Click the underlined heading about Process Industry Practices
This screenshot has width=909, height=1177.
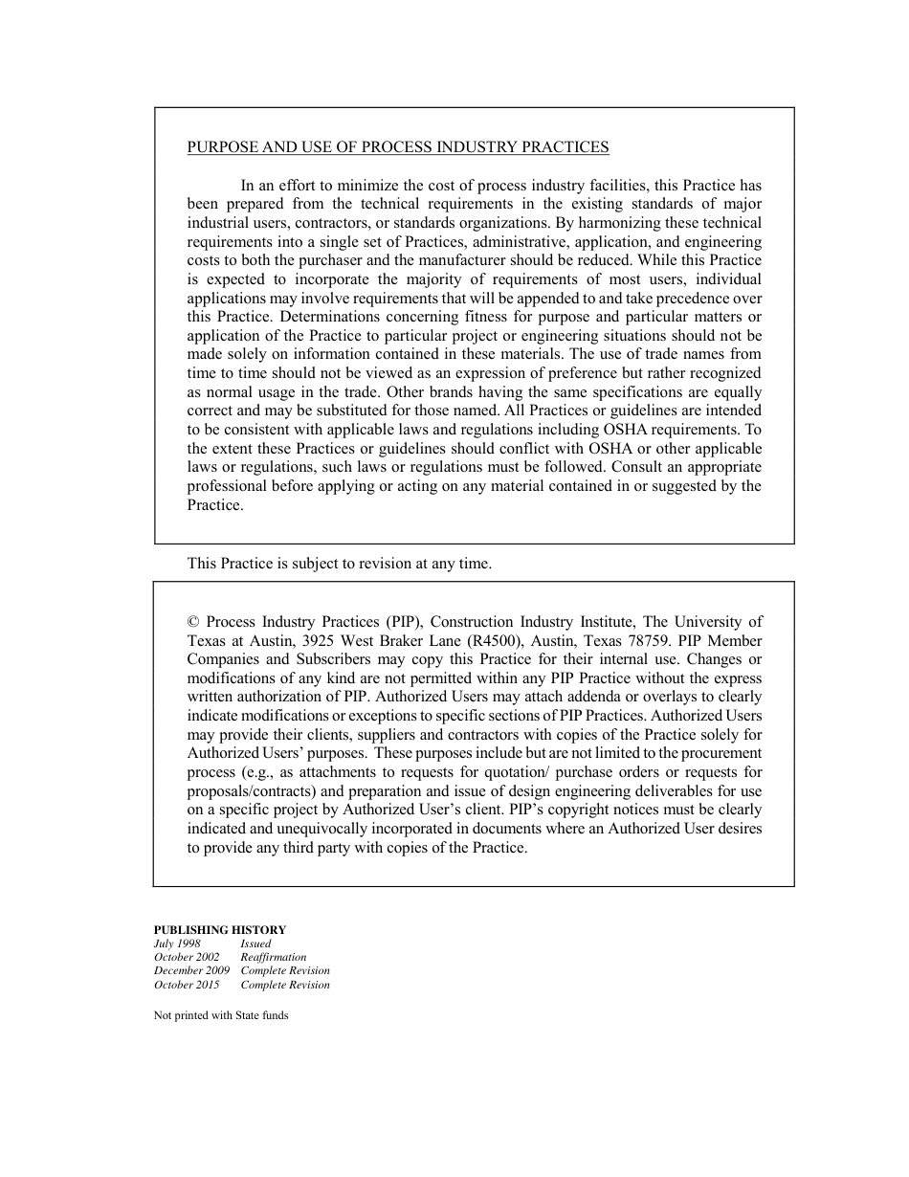397,147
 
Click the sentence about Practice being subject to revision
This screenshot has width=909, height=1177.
339,564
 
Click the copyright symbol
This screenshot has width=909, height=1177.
192,622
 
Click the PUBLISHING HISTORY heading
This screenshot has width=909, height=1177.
220,929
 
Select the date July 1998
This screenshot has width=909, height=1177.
177,944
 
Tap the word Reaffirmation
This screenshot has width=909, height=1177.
274,957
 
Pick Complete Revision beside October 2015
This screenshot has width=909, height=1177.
285,985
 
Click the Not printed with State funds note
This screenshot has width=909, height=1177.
221,1015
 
